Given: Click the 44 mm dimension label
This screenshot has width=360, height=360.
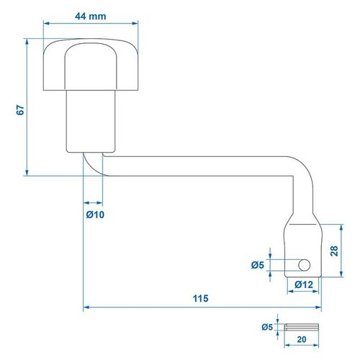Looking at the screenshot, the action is (91, 17).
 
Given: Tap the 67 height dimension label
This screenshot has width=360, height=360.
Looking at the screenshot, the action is (21, 109).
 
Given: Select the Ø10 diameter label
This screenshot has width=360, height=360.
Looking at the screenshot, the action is (95, 215).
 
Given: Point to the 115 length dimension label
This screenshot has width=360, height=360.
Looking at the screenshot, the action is (201, 298).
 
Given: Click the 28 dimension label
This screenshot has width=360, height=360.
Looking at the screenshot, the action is (334, 251).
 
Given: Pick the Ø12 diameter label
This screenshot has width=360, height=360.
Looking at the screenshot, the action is (304, 284).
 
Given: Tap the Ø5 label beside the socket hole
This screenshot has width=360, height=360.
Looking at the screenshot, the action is (258, 265).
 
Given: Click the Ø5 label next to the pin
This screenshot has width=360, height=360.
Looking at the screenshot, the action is (267, 327).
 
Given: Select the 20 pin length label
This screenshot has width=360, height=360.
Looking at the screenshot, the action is (302, 339).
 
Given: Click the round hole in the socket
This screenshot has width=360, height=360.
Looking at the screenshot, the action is (304, 265).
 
